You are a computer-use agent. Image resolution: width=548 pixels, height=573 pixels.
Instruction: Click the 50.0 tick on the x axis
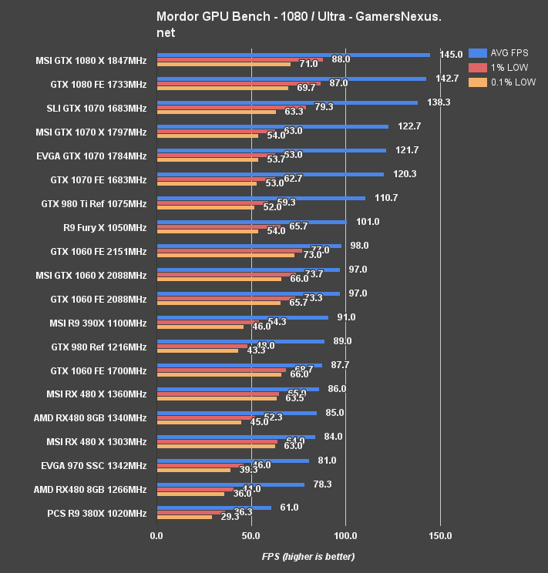tap(250, 535)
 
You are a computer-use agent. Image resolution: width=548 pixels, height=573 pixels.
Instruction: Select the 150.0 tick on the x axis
tap(439, 535)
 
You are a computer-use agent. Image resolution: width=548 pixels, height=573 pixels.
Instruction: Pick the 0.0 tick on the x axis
tap(156, 535)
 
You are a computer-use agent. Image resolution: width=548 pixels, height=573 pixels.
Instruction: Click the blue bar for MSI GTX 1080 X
tap(293, 55)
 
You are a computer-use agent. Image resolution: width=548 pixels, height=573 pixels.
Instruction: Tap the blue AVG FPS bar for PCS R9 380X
tap(213, 508)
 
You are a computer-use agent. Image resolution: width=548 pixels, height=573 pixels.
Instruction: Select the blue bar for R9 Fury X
tap(251, 222)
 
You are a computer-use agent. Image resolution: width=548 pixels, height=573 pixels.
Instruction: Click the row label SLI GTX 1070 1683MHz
tap(96, 109)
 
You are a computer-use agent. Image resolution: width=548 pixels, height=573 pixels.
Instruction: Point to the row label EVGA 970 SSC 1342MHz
tap(93, 466)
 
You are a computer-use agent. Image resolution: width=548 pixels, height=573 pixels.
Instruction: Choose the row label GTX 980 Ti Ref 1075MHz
tap(93, 204)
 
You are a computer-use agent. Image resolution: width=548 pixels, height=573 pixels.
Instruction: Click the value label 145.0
tap(451, 55)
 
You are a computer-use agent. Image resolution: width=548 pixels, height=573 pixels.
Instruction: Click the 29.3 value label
tap(230, 518)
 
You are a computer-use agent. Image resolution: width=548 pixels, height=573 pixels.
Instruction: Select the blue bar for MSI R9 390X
tap(242, 317)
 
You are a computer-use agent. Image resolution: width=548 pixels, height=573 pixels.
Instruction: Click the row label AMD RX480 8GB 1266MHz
tap(89, 490)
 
